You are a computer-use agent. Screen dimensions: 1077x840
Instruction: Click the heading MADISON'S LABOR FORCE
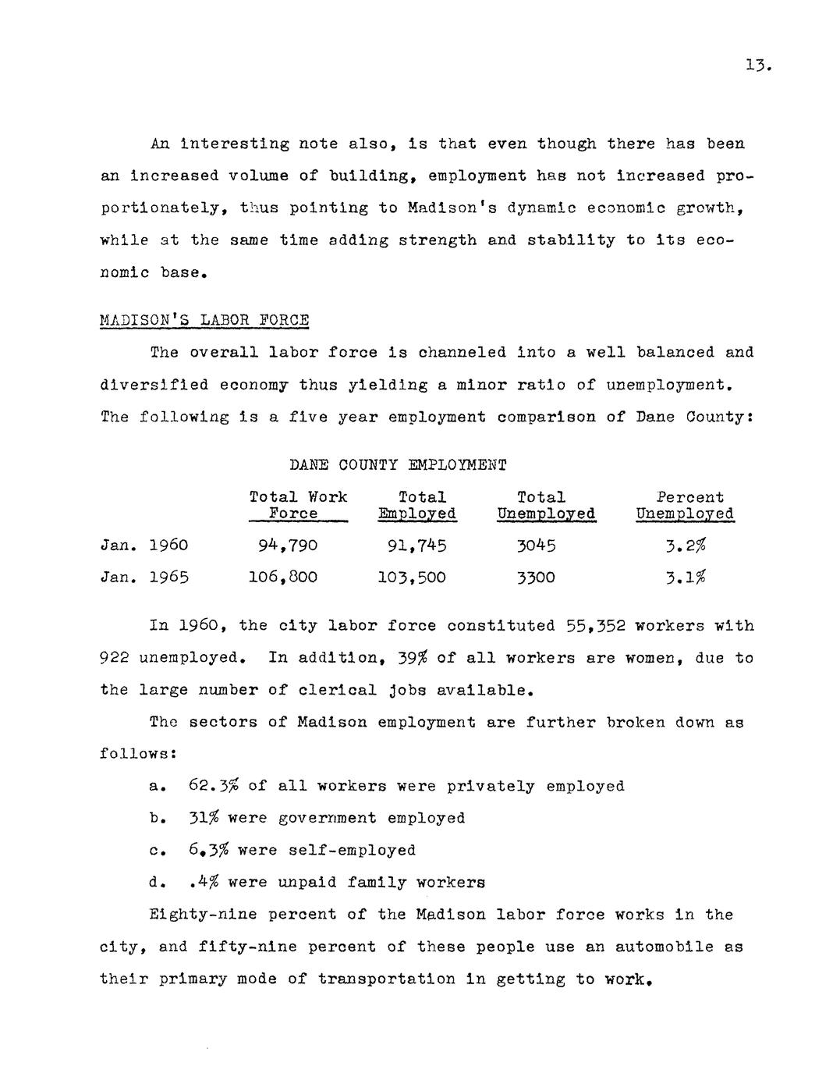204,320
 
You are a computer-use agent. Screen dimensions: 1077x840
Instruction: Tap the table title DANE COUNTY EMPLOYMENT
398,465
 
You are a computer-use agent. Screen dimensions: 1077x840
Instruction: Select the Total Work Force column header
298,505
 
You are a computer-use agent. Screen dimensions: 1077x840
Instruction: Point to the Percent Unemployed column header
685,505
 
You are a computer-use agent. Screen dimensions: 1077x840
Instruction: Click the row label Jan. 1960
144,546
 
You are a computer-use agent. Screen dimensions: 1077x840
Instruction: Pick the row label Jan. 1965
144,578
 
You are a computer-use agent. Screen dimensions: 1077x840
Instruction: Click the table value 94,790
287,546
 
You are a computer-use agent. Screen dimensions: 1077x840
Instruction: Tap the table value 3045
537,546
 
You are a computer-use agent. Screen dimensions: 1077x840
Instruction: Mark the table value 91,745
416,546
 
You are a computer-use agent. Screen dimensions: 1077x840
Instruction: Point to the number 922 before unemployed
115,658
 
